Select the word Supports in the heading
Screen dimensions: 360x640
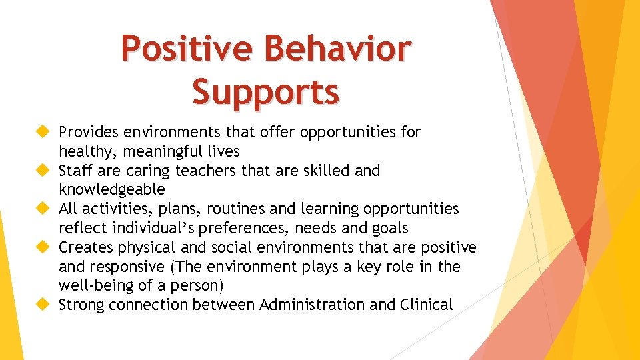click(x=265, y=91)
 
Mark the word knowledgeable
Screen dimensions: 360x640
click(x=111, y=190)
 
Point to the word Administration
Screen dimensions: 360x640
click(x=312, y=305)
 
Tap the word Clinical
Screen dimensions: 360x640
click(x=427, y=305)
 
